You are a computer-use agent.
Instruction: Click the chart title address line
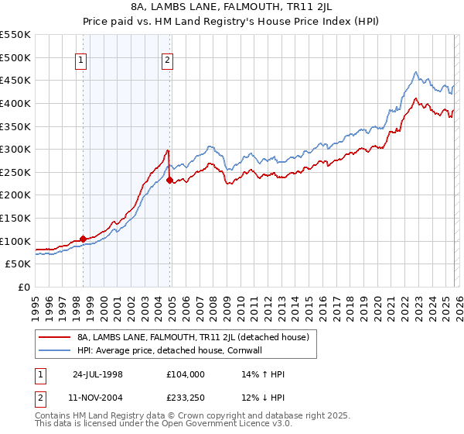tap(232, 7)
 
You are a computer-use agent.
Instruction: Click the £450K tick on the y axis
tap(15, 81)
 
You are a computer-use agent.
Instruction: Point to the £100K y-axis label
tap(15, 242)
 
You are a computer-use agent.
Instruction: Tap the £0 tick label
tap(23, 288)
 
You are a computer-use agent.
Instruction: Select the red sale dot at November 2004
tap(169, 180)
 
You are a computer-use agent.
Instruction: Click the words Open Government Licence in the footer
tap(203, 425)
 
